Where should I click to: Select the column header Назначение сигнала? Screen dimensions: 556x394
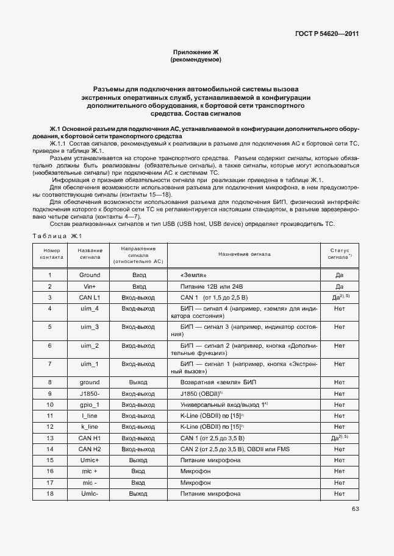point(242,253)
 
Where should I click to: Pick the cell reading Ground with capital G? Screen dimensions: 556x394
point(90,275)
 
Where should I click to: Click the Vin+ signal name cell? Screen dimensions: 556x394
point(90,286)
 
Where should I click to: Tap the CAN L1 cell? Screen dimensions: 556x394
point(90,298)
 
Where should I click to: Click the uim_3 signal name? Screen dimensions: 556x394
point(90,327)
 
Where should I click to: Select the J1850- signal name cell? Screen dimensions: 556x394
point(90,393)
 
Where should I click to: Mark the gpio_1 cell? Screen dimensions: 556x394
point(90,404)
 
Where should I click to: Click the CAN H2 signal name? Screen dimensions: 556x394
point(90,449)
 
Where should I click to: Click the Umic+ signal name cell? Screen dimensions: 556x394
point(90,460)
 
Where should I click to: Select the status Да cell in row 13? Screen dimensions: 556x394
point(339,438)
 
